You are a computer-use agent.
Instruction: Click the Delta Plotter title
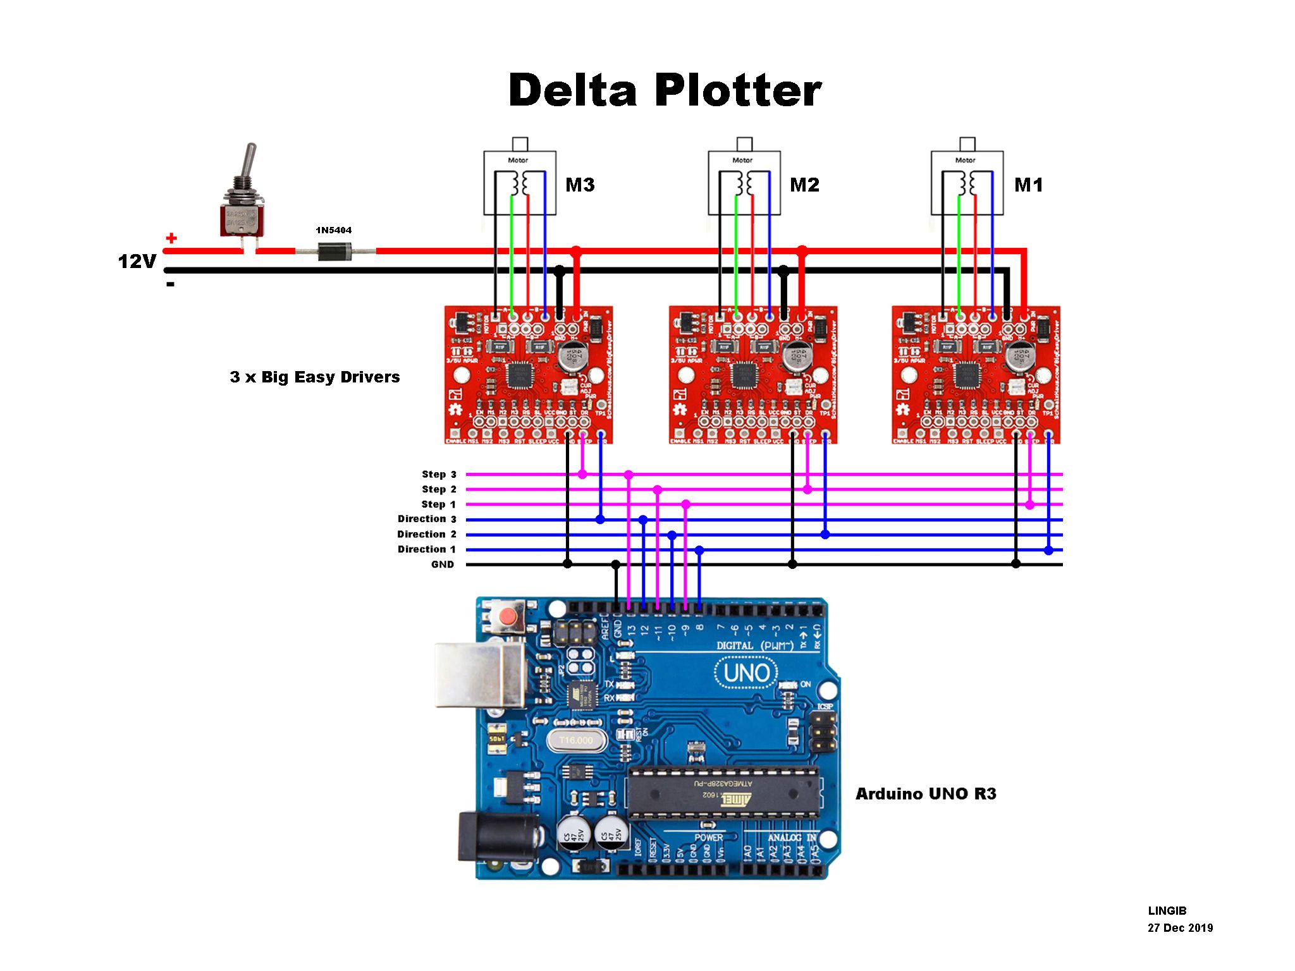point(665,90)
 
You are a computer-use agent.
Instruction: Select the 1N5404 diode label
point(334,230)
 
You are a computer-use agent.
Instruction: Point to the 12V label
point(137,261)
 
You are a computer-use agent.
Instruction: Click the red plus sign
point(171,238)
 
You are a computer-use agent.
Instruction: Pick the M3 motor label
point(580,185)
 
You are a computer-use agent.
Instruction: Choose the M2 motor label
point(804,185)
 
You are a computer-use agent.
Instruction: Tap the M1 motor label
point(1028,185)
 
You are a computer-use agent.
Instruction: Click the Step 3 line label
point(439,474)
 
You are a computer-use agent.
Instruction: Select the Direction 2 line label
point(426,534)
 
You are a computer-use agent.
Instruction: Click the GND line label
point(443,565)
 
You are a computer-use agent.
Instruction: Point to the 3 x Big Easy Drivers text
point(315,377)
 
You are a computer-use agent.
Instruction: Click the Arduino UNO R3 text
point(926,794)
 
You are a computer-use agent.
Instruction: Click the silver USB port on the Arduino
point(481,675)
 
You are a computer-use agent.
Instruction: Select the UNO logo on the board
point(746,673)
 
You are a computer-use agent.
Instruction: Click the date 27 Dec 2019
point(1180,928)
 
